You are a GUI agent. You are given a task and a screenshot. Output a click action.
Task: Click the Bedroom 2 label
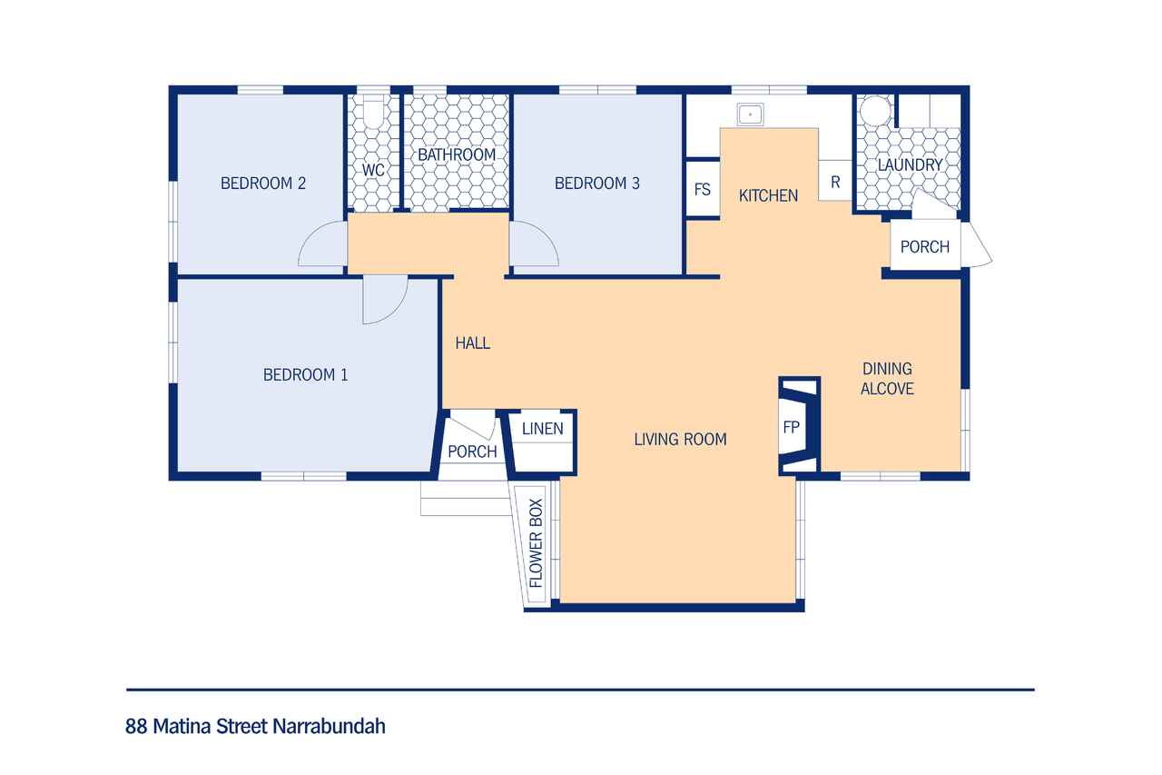click(x=263, y=184)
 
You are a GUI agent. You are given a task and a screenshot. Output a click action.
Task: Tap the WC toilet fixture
click(x=373, y=111)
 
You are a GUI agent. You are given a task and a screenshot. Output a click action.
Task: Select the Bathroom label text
click(x=457, y=154)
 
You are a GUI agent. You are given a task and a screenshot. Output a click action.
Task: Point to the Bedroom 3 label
click(x=597, y=184)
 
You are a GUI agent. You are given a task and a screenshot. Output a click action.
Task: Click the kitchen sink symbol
click(x=750, y=114)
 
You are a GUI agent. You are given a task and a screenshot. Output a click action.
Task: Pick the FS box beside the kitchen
click(x=703, y=190)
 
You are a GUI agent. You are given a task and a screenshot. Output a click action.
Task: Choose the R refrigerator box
click(x=835, y=181)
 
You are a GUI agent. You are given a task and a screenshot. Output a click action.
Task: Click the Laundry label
click(x=910, y=165)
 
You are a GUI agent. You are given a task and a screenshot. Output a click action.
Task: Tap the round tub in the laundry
click(x=875, y=111)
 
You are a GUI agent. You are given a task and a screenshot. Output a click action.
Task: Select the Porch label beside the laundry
click(x=925, y=246)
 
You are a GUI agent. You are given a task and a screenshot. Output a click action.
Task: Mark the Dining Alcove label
click(x=887, y=379)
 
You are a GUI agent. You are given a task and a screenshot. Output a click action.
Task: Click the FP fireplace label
click(x=791, y=427)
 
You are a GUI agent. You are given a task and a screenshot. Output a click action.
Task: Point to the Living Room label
click(x=680, y=439)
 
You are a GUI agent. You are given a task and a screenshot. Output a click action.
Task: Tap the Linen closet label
click(x=542, y=429)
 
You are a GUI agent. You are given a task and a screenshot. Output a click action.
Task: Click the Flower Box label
click(x=536, y=543)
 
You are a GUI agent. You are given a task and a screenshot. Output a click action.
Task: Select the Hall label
click(x=473, y=343)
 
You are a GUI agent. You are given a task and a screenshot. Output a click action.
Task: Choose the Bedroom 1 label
click(x=306, y=375)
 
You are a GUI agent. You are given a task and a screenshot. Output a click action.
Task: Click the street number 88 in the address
click(x=136, y=726)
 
